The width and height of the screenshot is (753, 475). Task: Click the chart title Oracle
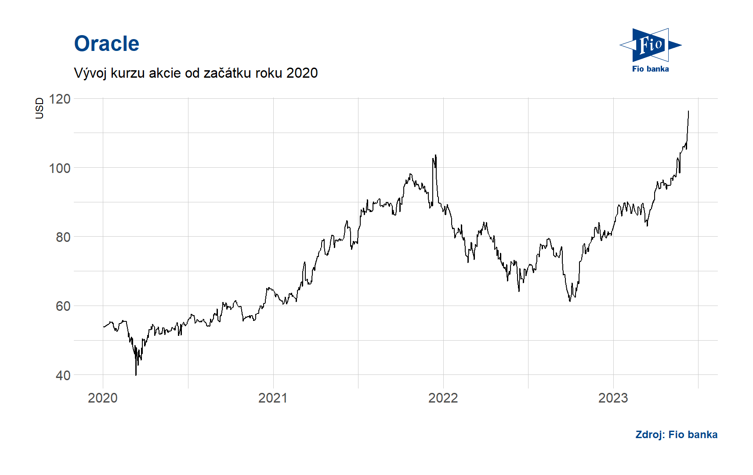coord(107,44)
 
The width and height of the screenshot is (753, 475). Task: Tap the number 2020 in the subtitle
coord(302,73)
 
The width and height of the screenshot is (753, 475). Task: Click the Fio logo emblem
coord(650,45)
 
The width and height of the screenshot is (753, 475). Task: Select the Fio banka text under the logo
coord(650,69)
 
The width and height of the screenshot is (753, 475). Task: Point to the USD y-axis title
coord(40,108)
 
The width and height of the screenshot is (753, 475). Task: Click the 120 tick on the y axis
coord(60,99)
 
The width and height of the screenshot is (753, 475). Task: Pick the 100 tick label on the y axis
coord(60,168)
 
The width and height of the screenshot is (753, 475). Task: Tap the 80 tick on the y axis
coord(63,237)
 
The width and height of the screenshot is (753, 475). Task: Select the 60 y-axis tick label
coord(63,306)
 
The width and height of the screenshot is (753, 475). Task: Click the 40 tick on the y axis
coord(63,375)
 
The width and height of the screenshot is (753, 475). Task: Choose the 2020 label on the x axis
coord(103,398)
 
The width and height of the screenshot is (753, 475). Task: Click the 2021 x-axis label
coord(273,398)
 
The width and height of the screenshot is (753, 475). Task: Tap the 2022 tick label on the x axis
coord(443,398)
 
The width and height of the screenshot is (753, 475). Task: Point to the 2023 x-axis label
coord(613,398)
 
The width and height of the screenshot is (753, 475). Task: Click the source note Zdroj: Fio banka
coord(676,435)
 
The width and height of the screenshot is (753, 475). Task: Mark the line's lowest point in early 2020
coord(136,374)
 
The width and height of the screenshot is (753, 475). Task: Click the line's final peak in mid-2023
coord(688,112)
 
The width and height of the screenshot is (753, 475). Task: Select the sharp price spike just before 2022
coord(435,155)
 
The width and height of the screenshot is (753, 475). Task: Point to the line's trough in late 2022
coord(570,301)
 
